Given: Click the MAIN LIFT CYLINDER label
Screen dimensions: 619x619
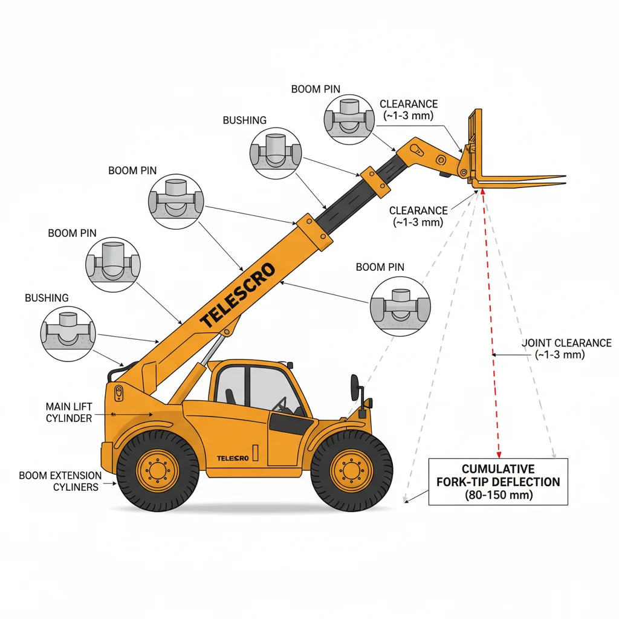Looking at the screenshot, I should [69, 412].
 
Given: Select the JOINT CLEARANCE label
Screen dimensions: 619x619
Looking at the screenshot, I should [566, 349].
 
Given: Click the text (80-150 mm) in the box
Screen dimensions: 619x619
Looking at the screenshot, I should [498, 495].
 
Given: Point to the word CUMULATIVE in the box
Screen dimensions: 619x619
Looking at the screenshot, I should [498, 469].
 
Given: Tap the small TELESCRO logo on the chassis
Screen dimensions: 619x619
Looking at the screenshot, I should [233, 458].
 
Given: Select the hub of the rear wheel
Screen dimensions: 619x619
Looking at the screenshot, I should [158, 470].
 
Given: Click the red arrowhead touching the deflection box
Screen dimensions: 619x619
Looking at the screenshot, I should [499, 453].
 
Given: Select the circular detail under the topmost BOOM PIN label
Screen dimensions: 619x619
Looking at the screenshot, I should [349, 119].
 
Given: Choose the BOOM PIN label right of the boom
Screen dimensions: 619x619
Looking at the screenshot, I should [380, 267].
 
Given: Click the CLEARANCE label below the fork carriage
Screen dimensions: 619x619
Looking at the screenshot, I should [418, 216].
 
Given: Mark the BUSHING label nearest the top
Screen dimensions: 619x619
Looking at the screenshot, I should [244, 120].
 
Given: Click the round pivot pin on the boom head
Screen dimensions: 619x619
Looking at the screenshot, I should [441, 160].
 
